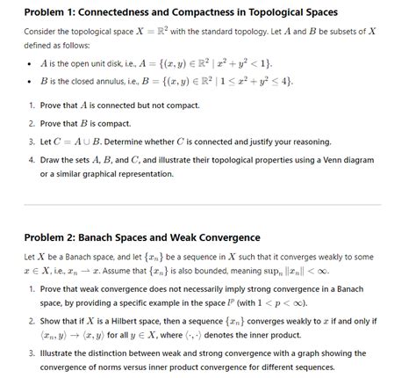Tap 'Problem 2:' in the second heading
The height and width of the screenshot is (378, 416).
pyautogui.click(x=54, y=237)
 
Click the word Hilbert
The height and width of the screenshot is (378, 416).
pyautogui.click(x=118, y=323)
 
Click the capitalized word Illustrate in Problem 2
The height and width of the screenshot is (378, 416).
pyautogui.click(x=63, y=356)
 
